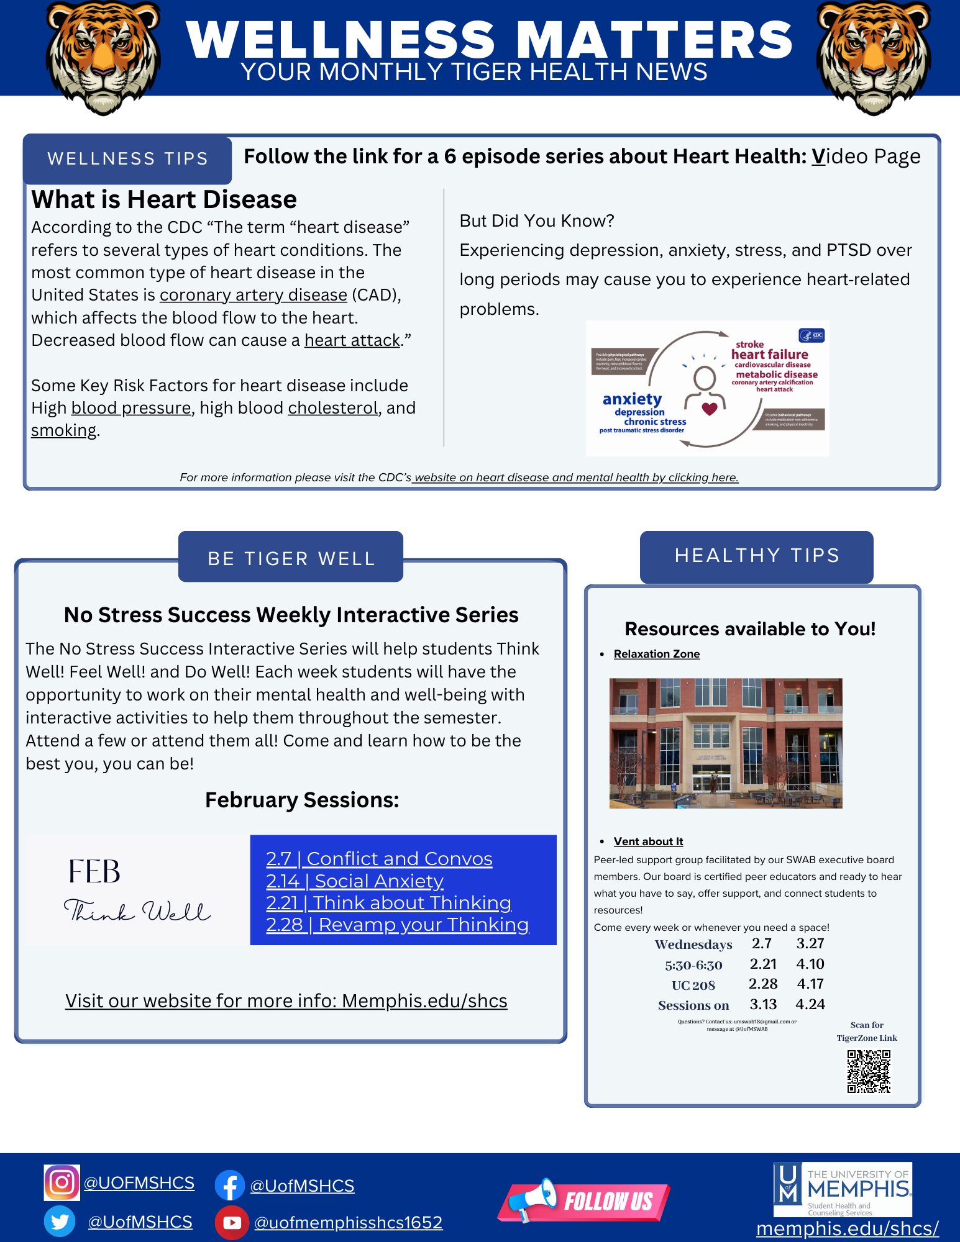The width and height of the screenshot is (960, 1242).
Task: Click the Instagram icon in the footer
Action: [62, 1182]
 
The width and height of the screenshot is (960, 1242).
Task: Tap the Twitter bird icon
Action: [60, 1222]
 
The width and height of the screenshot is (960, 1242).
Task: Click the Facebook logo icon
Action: [230, 1185]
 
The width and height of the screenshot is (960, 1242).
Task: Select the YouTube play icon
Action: [232, 1222]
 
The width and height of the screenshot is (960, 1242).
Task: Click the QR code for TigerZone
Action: [869, 1071]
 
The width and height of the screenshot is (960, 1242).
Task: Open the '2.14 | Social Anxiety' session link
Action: [354, 881]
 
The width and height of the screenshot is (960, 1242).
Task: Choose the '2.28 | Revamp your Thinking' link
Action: [397, 925]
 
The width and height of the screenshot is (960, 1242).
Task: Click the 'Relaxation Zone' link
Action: [656, 654]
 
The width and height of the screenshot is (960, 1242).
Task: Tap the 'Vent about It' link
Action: [648, 841]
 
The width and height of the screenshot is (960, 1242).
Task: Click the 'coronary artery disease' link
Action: [253, 295]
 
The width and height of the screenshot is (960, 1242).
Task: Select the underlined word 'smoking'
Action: [64, 430]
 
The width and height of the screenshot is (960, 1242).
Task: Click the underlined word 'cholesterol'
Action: [332, 408]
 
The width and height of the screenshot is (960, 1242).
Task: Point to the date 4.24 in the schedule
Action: [810, 1004]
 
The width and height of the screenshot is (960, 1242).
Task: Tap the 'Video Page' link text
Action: [866, 156]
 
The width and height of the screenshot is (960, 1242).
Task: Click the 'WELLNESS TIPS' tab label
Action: [127, 159]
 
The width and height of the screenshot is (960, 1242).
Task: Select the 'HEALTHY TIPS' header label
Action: [757, 555]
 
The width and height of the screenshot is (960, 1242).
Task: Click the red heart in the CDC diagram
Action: [709, 408]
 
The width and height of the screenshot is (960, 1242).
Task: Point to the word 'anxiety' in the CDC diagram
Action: [632, 399]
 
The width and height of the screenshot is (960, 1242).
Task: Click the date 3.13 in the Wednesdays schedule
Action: [763, 1004]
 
